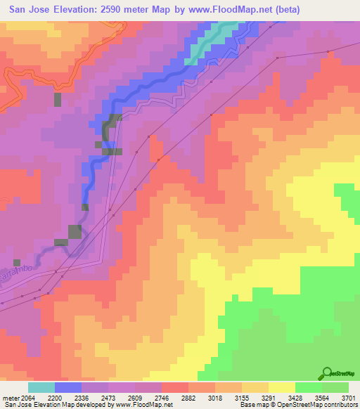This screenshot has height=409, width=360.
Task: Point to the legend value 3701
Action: pyautogui.click(x=347, y=398)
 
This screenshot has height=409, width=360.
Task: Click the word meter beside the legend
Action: pyautogui.click(x=8, y=398)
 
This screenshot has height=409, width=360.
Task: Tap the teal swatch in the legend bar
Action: pyautogui.click(x=41, y=387)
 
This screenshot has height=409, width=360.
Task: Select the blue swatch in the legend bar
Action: pyautogui.click(x=68, y=387)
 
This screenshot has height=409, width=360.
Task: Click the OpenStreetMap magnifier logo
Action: pyautogui.click(x=325, y=372)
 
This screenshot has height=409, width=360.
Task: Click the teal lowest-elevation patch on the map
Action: pyautogui.click(x=211, y=42)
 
